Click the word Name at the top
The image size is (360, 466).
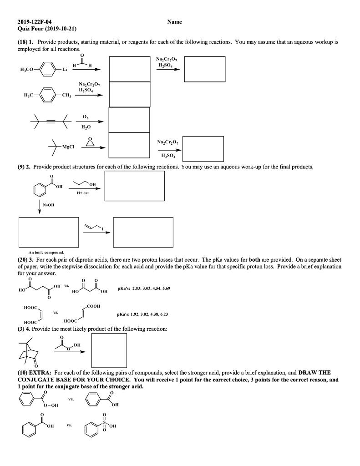pyautogui.click(x=174, y=21)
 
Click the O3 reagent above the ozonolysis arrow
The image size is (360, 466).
pyautogui.click(x=86, y=117)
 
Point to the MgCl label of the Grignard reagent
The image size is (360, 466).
pyautogui.click(x=69, y=147)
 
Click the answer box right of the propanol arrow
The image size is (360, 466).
pyautogui.click(x=134, y=186)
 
